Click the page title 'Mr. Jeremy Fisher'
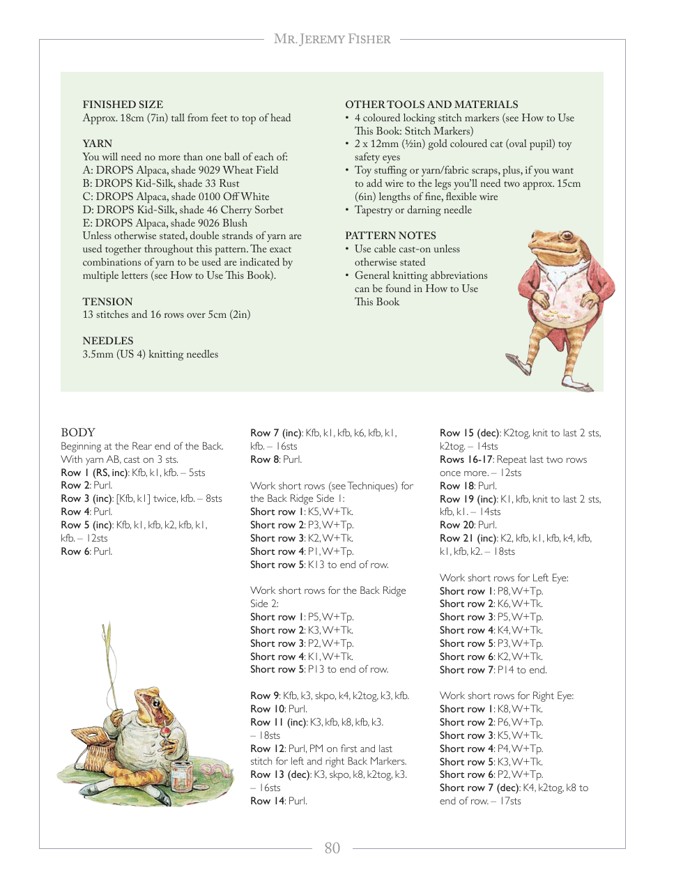tap(332, 39)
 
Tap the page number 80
tap(332, 848)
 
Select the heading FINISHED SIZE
tap(123, 105)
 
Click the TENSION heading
tap(107, 302)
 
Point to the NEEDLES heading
tap(107, 341)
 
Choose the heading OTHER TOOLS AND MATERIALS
tap(431, 105)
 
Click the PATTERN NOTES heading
tap(390, 236)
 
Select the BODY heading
tap(78, 432)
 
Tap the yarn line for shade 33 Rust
tap(161, 183)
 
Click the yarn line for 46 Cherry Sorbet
tap(183, 210)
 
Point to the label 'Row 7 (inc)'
tap(276, 433)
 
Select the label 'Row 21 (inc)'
tap(468, 538)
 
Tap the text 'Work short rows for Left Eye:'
tap(504, 578)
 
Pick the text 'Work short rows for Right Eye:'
tap(507, 696)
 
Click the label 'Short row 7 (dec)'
tap(479, 788)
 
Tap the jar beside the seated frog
tap(183, 774)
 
